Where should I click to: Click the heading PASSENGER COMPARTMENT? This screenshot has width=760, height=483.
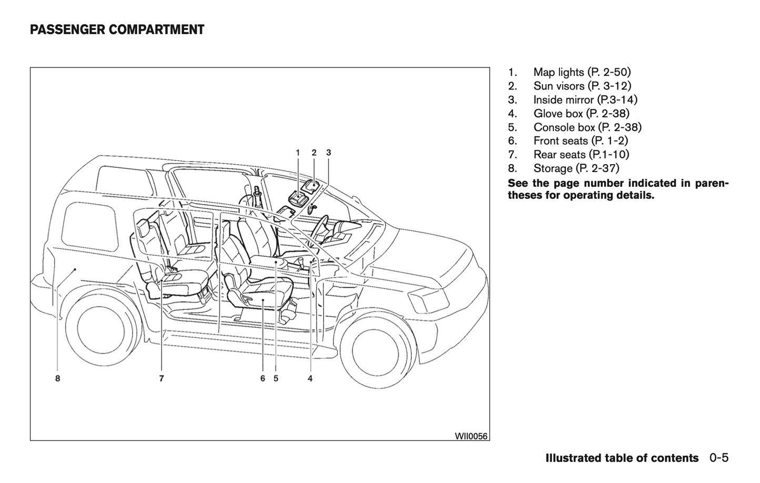tap(117, 30)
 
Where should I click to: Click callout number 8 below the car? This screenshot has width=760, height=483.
tap(57, 378)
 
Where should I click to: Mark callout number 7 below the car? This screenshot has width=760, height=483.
tap(161, 378)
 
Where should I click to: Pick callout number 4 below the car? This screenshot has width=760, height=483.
tap(310, 378)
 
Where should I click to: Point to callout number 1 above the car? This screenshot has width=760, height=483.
tap(298, 153)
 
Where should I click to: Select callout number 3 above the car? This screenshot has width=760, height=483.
tap(329, 153)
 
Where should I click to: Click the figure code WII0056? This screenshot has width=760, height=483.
tap(471, 436)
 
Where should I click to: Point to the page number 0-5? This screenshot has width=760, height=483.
tap(718, 458)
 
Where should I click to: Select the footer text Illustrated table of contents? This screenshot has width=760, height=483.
tap(622, 458)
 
